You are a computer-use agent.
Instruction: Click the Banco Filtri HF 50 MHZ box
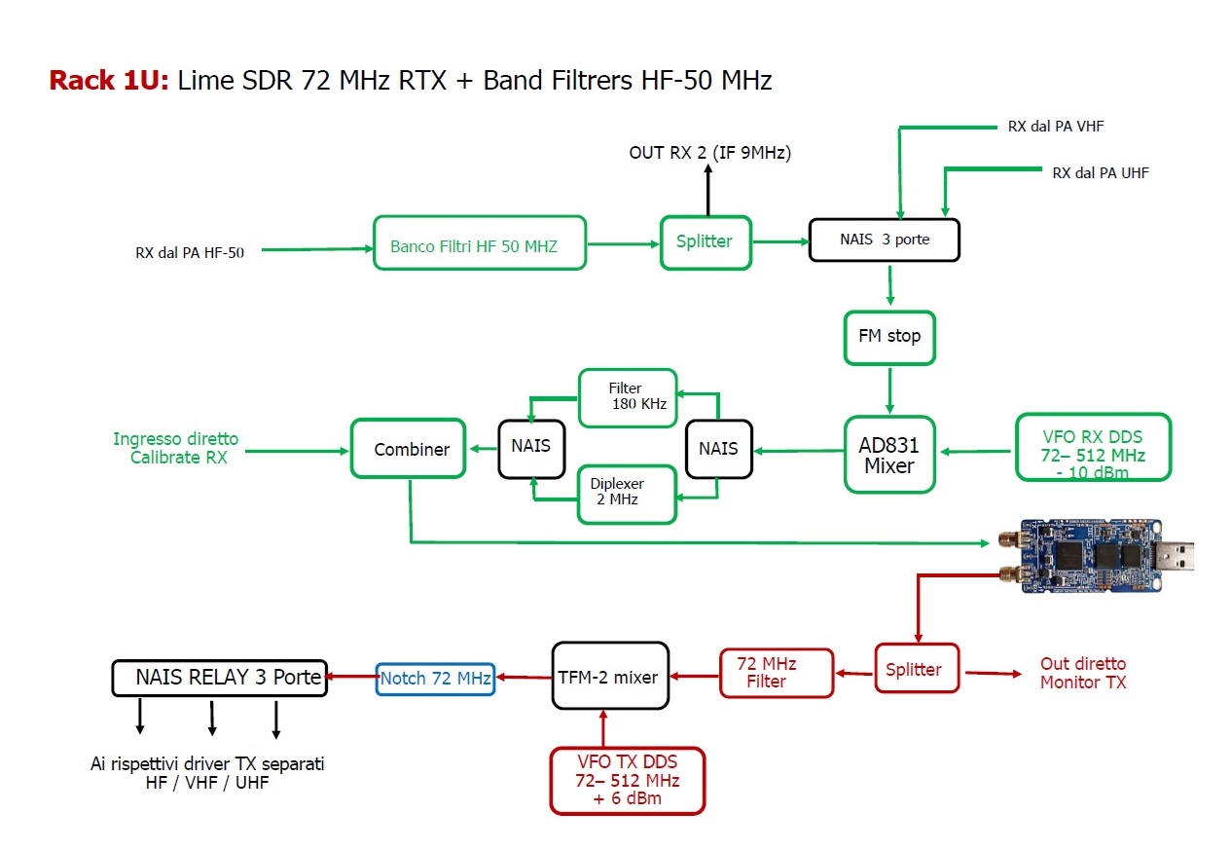[x=480, y=243]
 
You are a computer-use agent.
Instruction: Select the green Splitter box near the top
[x=706, y=242]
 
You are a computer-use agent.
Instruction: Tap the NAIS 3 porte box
[x=885, y=240]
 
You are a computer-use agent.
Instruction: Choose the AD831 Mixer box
[x=889, y=454]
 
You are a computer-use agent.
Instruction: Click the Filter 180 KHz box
[x=628, y=397]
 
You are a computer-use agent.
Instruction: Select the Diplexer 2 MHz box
[x=628, y=491]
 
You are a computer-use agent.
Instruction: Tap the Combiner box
[x=408, y=448]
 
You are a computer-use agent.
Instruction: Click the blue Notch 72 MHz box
[x=435, y=678]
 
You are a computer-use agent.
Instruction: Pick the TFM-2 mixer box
[x=610, y=676]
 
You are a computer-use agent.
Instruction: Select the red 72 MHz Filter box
[x=777, y=673]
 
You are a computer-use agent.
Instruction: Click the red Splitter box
[x=916, y=668]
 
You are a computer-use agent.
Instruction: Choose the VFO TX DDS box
[x=627, y=780]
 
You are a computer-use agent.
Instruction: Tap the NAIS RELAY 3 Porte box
[x=219, y=678]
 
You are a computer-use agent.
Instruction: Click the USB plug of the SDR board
[x=1177, y=559]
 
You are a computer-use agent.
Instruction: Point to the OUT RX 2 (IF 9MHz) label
[x=708, y=153]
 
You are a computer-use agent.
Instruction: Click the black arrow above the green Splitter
[x=707, y=190]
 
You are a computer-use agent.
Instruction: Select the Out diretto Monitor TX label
[x=1082, y=673]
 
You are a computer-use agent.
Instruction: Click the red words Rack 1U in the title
[x=109, y=80]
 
